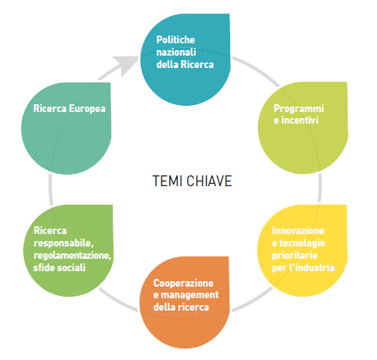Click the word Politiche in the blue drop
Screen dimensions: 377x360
click(175, 40)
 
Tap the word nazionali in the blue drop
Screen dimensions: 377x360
click(176, 53)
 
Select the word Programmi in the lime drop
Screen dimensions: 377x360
click(299, 109)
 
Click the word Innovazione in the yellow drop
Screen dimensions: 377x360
click(298, 231)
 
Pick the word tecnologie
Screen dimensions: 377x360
click(302, 243)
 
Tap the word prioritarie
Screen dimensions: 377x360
click(294, 256)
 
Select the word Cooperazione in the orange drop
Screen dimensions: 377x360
click(183, 284)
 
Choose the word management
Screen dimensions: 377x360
click(190, 295)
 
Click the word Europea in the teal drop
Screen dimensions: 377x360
click(87, 109)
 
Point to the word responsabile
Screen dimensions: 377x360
click(63, 243)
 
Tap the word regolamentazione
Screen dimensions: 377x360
click(72, 256)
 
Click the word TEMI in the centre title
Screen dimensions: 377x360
click(168, 181)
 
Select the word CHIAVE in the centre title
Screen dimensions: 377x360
click(209, 181)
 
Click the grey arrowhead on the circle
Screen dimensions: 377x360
click(126, 65)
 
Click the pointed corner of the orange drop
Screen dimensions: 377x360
click(229, 257)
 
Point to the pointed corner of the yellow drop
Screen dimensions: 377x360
click(346, 205)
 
